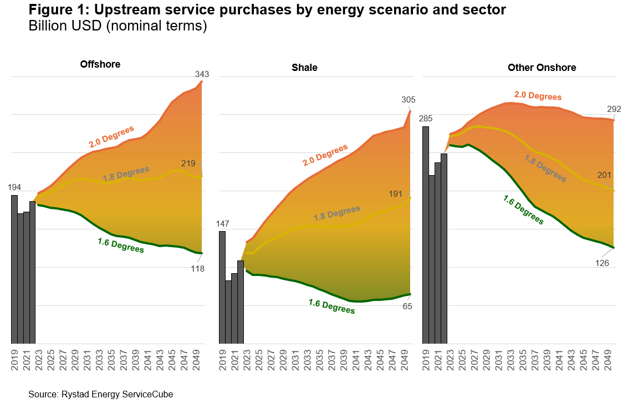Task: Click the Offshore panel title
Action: pyautogui.click(x=100, y=64)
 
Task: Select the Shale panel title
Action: pyautogui.click(x=304, y=68)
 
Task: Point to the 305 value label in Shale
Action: pyautogui.click(x=408, y=100)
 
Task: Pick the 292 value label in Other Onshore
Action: pyautogui.click(x=614, y=109)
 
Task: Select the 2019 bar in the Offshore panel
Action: pyautogui.click(x=14, y=269)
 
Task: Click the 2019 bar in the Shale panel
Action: pyautogui.click(x=222, y=287)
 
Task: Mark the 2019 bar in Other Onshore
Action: pyautogui.click(x=426, y=235)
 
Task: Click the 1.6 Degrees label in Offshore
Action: pyautogui.click(x=121, y=245)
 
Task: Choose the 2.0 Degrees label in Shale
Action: pyautogui.click(x=325, y=155)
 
